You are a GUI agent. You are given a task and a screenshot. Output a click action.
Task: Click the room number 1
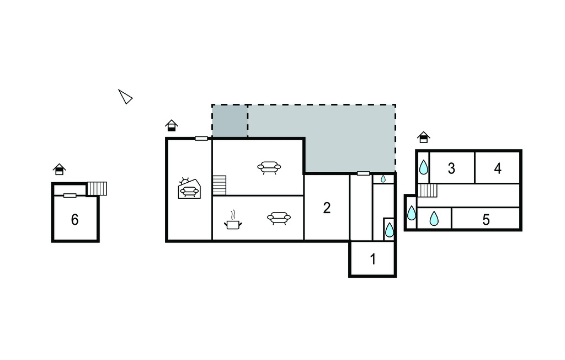tap(373, 259)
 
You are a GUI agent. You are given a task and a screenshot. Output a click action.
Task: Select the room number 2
tap(327, 208)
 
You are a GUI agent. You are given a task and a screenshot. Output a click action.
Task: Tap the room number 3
tap(451, 168)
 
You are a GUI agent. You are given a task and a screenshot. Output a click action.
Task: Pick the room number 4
tap(498, 168)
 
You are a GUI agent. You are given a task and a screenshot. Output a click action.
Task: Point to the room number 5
tap(486, 220)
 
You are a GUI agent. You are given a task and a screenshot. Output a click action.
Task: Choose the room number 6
tap(74, 220)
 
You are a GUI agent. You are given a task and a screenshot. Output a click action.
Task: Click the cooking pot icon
tap(233, 220)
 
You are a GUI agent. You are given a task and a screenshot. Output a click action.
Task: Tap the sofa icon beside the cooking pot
tap(279, 218)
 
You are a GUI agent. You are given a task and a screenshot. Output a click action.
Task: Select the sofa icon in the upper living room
tap(269, 168)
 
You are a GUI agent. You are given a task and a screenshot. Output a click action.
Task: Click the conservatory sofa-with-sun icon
tap(189, 188)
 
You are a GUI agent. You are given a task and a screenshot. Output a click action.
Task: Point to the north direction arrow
tap(125, 97)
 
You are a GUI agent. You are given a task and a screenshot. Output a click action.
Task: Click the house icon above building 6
tap(60, 169)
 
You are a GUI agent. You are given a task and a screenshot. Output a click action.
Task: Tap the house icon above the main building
tap(172, 125)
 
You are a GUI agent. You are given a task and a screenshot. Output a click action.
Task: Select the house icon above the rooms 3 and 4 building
tap(424, 137)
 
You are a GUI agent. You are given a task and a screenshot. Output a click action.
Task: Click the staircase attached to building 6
tap(97, 189)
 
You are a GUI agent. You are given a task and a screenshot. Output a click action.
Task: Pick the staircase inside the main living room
tap(219, 186)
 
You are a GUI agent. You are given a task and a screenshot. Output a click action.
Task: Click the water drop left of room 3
tap(423, 167)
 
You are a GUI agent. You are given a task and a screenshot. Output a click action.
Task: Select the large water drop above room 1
tap(390, 230)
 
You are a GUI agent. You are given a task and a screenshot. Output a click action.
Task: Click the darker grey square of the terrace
tap(230, 121)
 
